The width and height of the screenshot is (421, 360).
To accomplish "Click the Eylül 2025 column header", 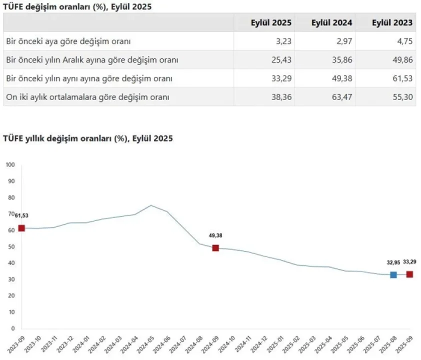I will pos(271,22).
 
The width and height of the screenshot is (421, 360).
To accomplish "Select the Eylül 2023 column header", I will pos(392,22).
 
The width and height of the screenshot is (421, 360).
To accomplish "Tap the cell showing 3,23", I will pos(282,41).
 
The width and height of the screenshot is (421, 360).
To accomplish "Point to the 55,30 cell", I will pos(403,97).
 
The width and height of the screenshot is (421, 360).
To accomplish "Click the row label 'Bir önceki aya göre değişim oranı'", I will pos(68,41).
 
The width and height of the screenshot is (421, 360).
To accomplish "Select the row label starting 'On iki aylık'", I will pos(88,97).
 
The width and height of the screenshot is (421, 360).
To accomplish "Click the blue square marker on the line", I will pos(393,274).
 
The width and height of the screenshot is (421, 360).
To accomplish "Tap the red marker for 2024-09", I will pos(215,248).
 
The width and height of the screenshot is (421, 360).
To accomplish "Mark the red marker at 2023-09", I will pos(21,228).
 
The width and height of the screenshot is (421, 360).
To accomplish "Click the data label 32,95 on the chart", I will pos(393,262).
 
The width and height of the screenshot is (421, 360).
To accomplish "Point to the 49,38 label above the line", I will pos(216,235).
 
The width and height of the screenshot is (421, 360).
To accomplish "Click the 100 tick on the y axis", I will pos(10,164).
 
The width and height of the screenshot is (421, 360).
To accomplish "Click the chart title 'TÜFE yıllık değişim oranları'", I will pos(88,138).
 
